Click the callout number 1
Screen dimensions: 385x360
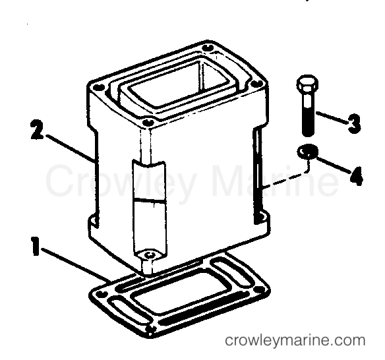(x=36, y=246)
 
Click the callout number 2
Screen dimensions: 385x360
(x=38, y=129)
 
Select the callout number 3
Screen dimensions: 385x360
(x=354, y=123)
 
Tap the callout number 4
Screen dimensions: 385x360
(x=356, y=175)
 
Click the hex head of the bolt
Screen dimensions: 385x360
(x=307, y=84)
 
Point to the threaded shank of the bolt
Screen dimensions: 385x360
(x=308, y=115)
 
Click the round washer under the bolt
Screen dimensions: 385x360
(x=308, y=152)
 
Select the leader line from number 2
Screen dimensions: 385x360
(x=70, y=148)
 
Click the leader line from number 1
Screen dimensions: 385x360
(x=76, y=264)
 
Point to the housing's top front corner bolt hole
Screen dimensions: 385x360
(x=148, y=122)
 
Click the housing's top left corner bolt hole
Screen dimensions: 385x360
(x=98, y=87)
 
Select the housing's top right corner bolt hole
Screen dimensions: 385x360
(x=256, y=84)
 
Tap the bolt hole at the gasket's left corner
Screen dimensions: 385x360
(x=100, y=293)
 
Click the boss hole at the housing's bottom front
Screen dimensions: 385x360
(x=149, y=255)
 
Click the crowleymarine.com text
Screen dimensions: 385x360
(x=295, y=340)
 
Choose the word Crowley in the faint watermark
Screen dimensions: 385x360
(x=120, y=181)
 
